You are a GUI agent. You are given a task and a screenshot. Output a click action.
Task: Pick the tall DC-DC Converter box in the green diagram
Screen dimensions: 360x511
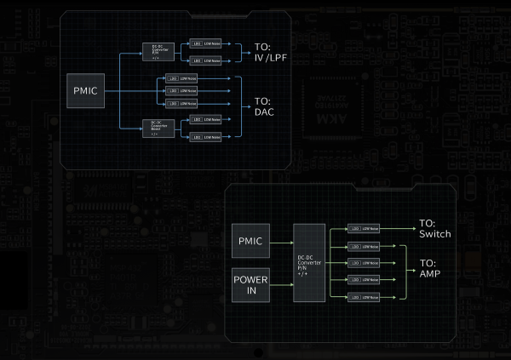(309, 264)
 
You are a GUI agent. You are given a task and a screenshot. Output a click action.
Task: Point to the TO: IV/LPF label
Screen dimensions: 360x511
(273, 54)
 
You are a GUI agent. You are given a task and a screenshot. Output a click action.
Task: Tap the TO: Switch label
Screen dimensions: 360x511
(434, 229)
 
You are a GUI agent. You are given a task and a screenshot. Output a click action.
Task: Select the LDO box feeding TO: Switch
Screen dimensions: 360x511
(364, 230)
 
